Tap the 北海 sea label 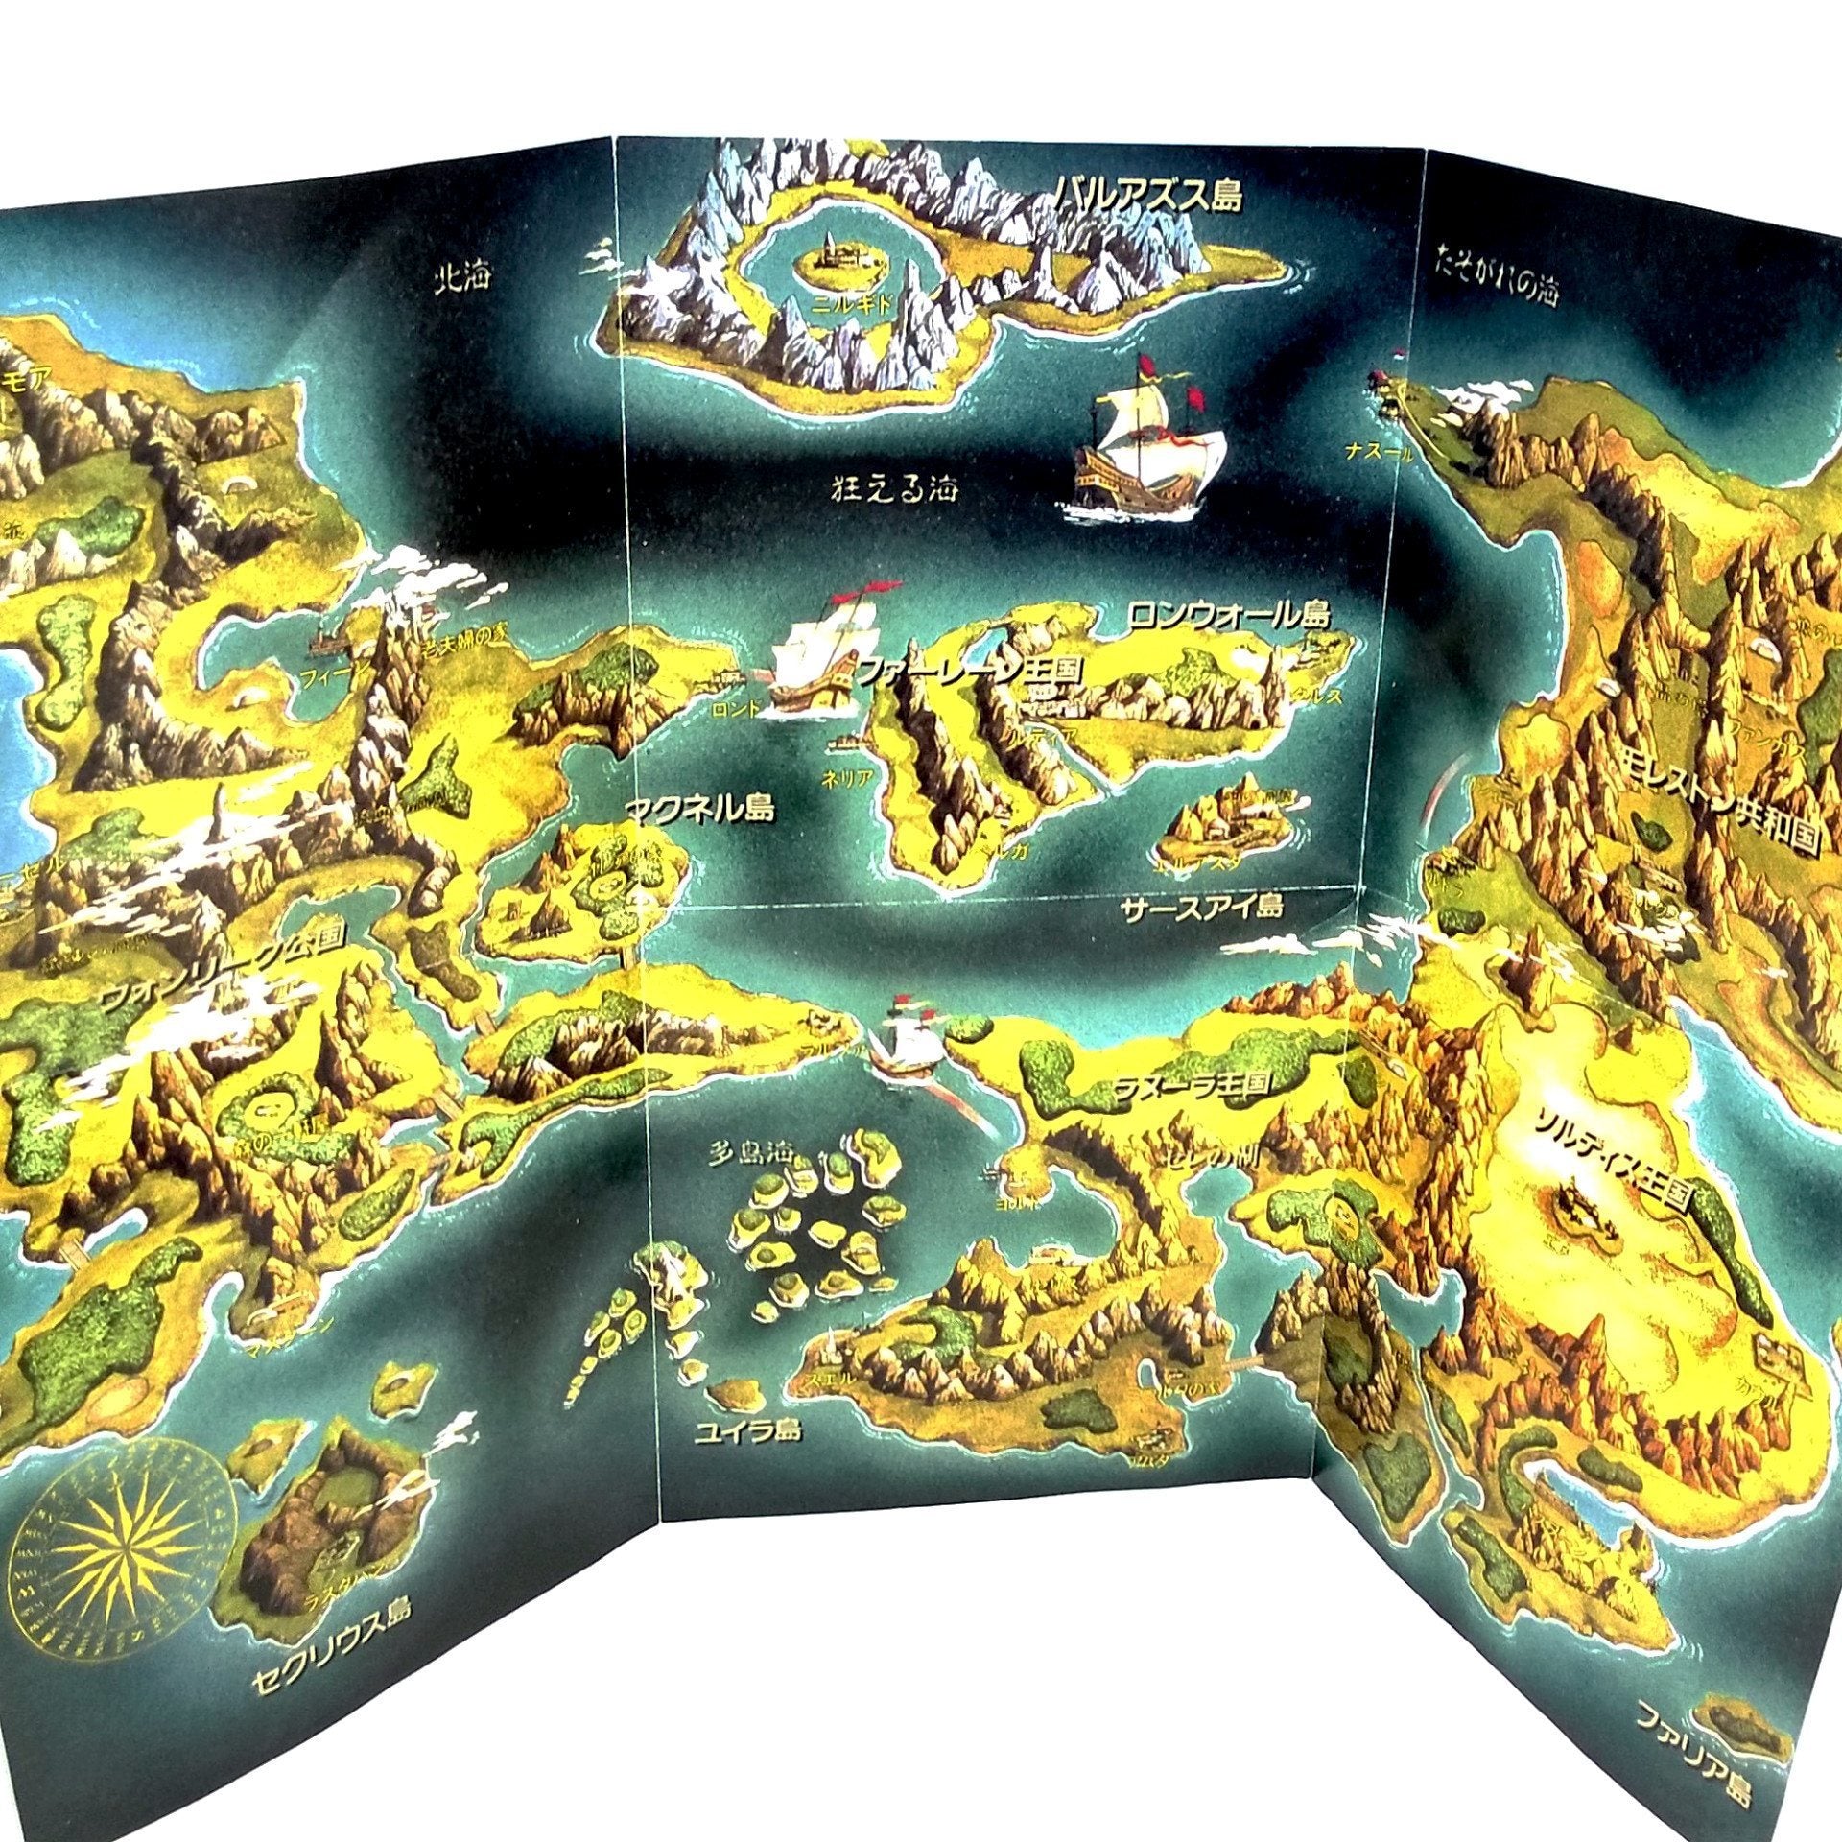click(x=461, y=277)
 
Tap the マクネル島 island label click(x=697, y=811)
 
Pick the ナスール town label click(x=1378, y=454)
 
